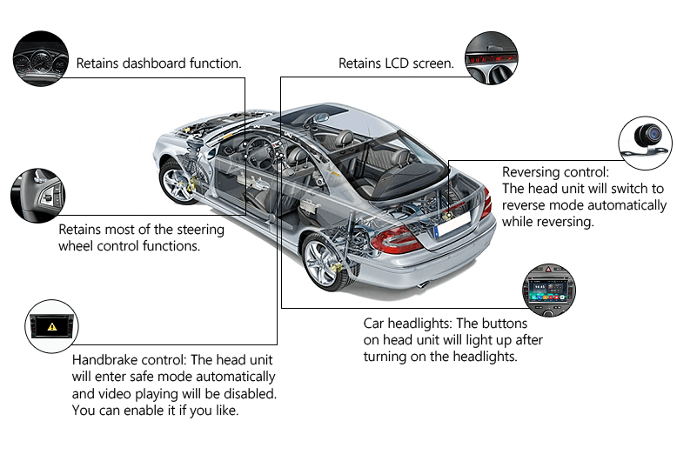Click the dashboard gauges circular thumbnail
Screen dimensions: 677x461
(41, 58)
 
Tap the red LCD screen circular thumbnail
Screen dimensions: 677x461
(492, 57)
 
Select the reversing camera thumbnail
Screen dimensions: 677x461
(645, 143)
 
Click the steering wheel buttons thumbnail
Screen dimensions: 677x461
(38, 196)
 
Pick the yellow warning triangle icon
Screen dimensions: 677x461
(52, 327)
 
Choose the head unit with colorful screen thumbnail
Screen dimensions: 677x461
(549, 290)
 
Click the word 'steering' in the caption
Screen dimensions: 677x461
(198, 230)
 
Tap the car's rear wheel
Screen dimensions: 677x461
(324, 262)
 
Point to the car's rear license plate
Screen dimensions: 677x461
(452, 224)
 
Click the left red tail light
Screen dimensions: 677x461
(395, 239)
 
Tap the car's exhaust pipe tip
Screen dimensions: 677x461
(424, 284)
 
